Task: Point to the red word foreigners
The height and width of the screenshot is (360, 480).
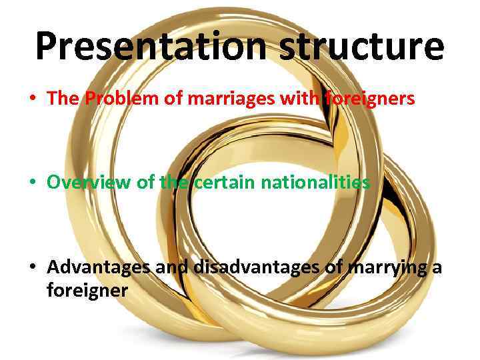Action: click(371, 99)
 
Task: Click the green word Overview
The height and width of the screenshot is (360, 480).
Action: click(89, 182)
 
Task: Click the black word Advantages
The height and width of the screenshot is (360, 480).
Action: click(99, 269)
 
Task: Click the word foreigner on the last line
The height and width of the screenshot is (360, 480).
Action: click(87, 291)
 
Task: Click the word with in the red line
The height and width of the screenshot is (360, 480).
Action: click(303, 99)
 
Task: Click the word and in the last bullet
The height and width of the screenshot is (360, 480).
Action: click(171, 269)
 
